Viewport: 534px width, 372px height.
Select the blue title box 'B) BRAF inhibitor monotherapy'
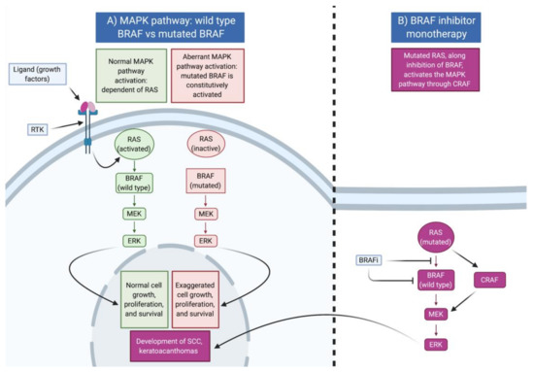[435, 23]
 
